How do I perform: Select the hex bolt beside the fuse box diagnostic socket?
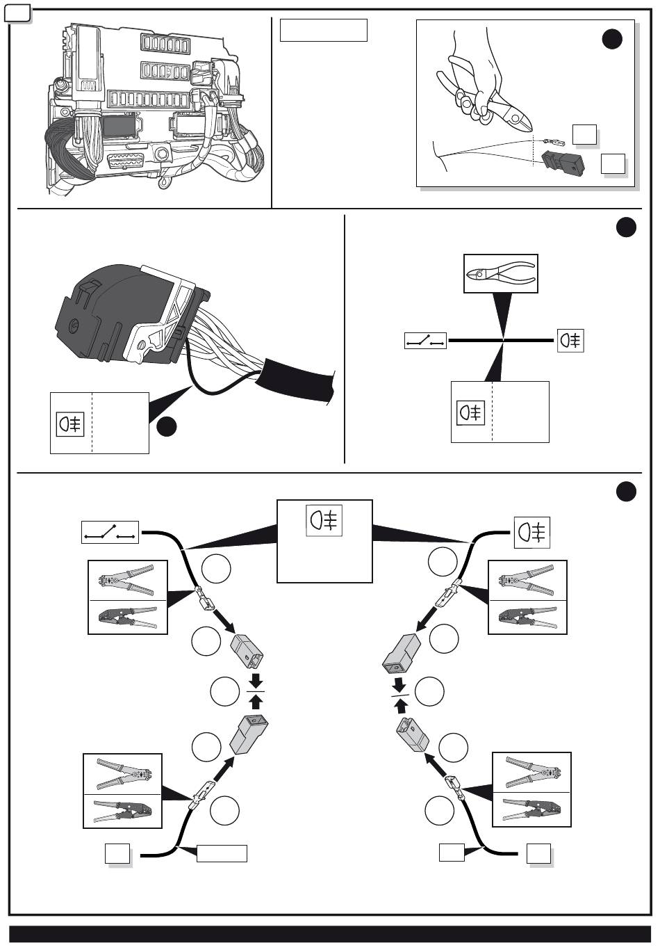[163, 153]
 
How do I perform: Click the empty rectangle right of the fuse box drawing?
[323, 31]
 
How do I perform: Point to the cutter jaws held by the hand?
[519, 115]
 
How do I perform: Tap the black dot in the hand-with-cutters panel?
[611, 40]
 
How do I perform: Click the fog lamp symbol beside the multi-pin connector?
[70, 423]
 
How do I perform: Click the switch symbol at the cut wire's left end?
[425, 341]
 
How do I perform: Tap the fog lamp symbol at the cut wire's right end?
[570, 340]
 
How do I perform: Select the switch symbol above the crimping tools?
[110, 533]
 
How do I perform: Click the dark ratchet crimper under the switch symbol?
[129, 616]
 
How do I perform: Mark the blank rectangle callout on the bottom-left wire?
[222, 853]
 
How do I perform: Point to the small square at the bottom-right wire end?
[538, 853]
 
